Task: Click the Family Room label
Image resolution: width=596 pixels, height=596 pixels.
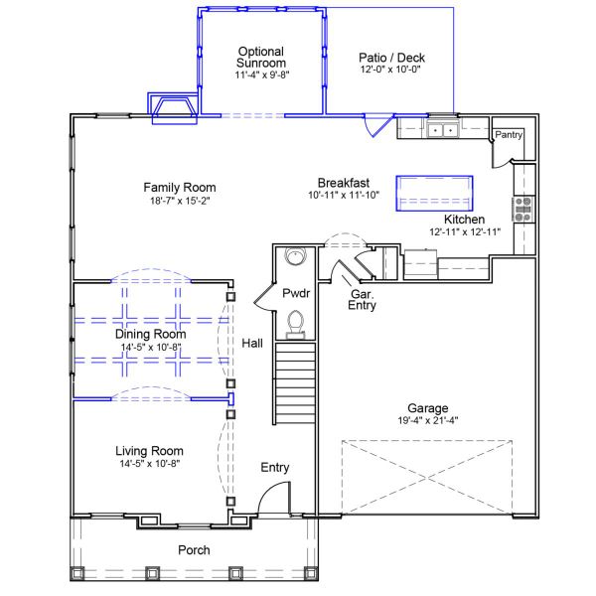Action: (180, 188)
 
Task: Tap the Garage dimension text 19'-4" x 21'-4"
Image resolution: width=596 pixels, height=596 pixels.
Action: (428, 420)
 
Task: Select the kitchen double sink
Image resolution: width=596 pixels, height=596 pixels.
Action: (443, 129)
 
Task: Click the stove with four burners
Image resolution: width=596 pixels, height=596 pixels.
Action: (523, 210)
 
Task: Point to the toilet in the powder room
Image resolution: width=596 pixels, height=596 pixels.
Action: (296, 324)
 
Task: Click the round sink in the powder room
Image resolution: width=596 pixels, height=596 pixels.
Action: (296, 256)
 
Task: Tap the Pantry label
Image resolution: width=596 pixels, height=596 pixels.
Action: (509, 135)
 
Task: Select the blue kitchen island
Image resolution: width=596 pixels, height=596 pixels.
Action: (434, 193)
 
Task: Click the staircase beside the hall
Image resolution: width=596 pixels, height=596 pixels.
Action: (295, 383)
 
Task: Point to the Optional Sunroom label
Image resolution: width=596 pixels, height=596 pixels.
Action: (261, 57)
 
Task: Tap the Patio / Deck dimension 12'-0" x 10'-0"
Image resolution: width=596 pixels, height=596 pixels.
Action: (390, 70)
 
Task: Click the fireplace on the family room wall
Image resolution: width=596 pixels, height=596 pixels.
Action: (173, 108)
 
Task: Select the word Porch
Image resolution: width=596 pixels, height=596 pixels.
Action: (194, 550)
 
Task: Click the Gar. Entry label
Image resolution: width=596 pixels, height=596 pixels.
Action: (362, 300)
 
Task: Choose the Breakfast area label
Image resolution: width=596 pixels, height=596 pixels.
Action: (344, 183)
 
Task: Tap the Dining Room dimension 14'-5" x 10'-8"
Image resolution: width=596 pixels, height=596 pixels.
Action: (151, 347)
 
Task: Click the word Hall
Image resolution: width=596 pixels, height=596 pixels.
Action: (252, 344)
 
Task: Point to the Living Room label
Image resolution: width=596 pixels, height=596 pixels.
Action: (149, 451)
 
